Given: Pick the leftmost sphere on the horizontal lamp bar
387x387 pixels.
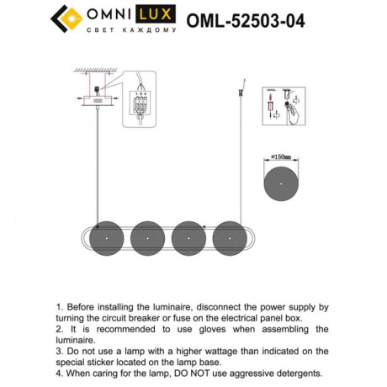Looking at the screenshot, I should [x=108, y=236].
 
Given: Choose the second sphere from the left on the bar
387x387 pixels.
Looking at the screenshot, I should [x=149, y=236].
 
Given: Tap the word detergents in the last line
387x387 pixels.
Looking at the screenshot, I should [x=294, y=371].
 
